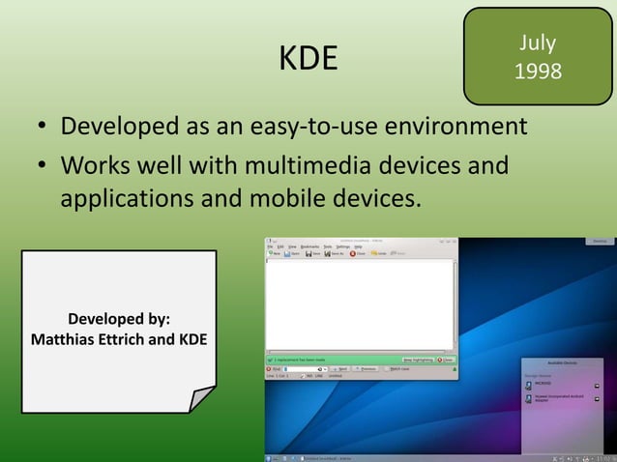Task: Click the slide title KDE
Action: (x=308, y=60)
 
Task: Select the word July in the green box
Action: (x=537, y=43)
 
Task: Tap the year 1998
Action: (x=537, y=72)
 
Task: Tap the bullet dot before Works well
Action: (x=44, y=167)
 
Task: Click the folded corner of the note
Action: (x=201, y=397)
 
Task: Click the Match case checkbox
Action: (x=386, y=368)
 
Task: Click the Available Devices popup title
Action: (x=563, y=361)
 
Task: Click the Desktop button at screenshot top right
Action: (x=599, y=241)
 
